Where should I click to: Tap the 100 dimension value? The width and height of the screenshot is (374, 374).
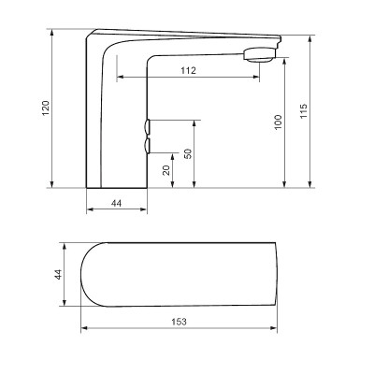pos(276,122)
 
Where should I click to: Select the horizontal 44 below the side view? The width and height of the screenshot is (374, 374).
pos(117,203)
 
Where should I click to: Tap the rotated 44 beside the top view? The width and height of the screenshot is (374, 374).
pos(58,274)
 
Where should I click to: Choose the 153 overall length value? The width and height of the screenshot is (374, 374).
pos(179,322)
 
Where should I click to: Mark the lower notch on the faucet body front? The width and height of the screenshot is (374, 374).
pos(149,145)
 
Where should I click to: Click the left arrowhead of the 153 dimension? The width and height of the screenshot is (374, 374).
pos(84,328)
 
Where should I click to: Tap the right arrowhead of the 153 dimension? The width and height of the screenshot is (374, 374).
pos(276,328)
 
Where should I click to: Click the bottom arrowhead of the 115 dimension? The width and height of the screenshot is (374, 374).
pos(309,185)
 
